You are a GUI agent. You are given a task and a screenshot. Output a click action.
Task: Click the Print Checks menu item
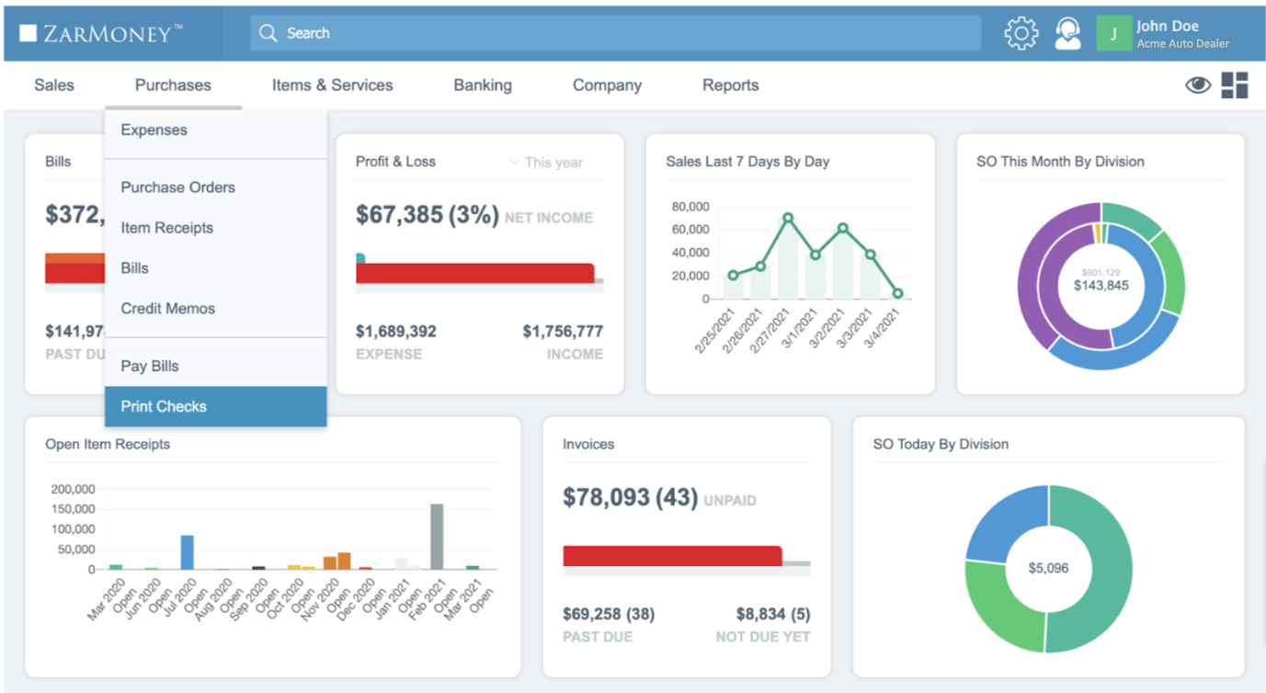164,406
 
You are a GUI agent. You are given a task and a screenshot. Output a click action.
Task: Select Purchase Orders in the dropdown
177,187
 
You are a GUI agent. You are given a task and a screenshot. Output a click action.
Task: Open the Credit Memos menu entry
167,309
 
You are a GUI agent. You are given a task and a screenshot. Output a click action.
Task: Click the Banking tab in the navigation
482,85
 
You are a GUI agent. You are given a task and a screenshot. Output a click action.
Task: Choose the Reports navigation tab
730,85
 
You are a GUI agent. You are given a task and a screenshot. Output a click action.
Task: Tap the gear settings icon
1021,34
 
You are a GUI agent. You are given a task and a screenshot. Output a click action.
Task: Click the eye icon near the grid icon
1197,85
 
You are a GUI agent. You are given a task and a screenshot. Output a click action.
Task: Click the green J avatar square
1113,34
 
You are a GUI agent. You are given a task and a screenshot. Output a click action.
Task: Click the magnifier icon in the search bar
268,33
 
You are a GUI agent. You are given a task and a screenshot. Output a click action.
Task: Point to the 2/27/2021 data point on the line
788,219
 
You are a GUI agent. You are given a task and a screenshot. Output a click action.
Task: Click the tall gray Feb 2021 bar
437,536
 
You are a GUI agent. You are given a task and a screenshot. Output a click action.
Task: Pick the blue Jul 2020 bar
187,551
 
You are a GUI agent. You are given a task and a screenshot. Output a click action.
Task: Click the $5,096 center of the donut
1048,568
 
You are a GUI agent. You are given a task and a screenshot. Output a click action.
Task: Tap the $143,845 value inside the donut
1101,285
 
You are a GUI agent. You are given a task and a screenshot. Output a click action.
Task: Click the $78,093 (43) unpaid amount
630,498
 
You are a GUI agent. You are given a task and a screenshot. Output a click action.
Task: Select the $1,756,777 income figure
563,332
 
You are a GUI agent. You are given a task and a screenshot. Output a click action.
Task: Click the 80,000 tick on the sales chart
690,206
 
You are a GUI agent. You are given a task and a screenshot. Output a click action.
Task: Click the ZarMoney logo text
101,34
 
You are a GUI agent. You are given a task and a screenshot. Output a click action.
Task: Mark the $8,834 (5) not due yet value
772,614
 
